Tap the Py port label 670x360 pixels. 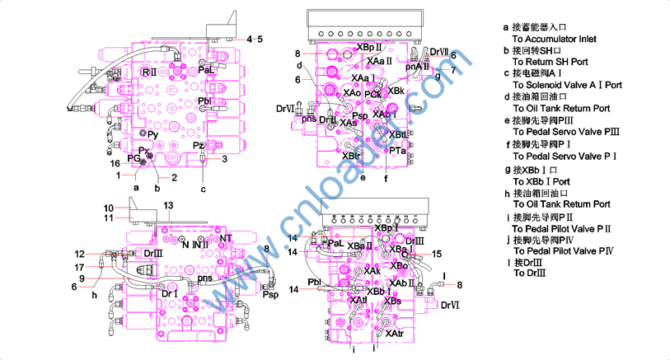[154, 133]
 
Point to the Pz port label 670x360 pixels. [198, 146]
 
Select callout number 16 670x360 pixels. [115, 164]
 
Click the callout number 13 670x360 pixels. [168, 205]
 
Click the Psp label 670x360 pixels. [270, 294]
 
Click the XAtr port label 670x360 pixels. [394, 334]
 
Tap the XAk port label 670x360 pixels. [372, 270]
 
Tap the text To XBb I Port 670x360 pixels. [541, 181]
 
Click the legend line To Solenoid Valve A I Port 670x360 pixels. [567, 85]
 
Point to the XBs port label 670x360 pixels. [392, 302]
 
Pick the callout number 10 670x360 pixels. [107, 208]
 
